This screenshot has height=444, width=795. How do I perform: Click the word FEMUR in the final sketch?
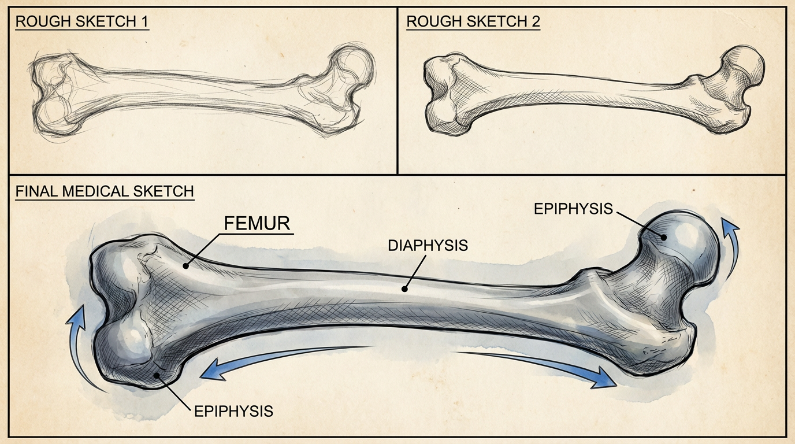257,224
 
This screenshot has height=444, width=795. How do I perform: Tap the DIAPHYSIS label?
428,245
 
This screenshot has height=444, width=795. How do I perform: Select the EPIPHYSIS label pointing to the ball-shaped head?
573,209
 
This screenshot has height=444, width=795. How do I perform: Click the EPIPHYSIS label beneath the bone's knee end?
233,411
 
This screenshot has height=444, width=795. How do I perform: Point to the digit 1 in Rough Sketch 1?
144,22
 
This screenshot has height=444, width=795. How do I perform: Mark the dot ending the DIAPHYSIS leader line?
405,287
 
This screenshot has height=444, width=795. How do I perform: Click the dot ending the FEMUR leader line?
185,266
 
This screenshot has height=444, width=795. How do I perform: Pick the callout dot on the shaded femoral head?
664,236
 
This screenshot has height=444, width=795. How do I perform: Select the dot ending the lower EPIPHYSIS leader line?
157,376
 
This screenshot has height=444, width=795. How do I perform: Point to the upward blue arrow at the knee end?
81,341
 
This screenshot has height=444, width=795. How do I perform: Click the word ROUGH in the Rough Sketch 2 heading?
432,22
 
